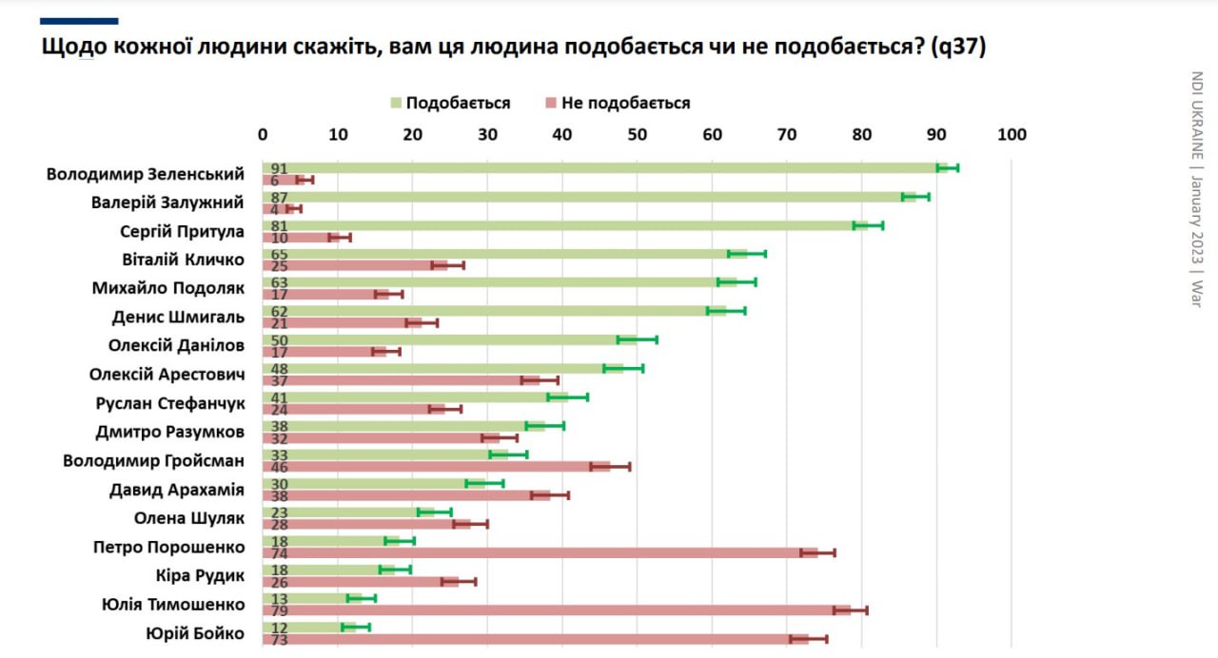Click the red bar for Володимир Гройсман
point(438,467)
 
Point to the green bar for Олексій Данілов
point(447,339)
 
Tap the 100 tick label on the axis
point(1011,134)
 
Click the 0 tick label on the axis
point(264,134)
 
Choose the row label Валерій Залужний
point(167,203)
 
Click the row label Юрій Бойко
point(194,633)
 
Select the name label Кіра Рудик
point(200,575)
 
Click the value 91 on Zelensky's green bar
point(279,168)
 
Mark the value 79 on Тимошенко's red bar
point(279,610)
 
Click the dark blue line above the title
point(80,21)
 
